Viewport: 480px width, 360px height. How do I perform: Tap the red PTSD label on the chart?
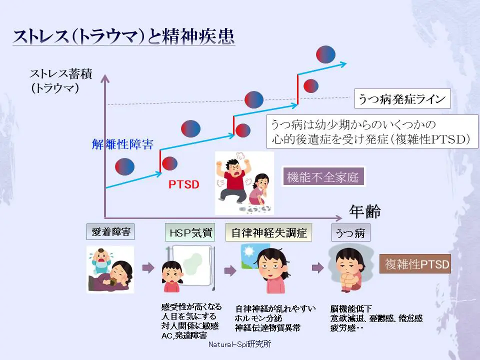[x=183, y=184]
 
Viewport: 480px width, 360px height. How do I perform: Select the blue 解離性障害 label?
[x=122, y=144]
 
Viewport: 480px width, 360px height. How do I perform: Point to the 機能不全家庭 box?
[x=323, y=177]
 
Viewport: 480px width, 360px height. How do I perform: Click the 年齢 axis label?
[x=364, y=212]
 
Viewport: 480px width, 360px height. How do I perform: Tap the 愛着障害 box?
[x=110, y=232]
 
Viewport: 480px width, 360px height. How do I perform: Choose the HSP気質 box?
[x=190, y=233]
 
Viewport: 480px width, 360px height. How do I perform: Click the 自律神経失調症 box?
[x=269, y=233]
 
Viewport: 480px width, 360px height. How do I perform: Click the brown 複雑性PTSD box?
[x=415, y=263]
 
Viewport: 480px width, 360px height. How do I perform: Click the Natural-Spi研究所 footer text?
[x=240, y=345]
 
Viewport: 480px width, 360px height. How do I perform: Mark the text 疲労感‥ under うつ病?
[x=346, y=328]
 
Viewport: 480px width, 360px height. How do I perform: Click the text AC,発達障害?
[x=184, y=335]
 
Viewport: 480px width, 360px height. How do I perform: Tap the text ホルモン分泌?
[x=258, y=318]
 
